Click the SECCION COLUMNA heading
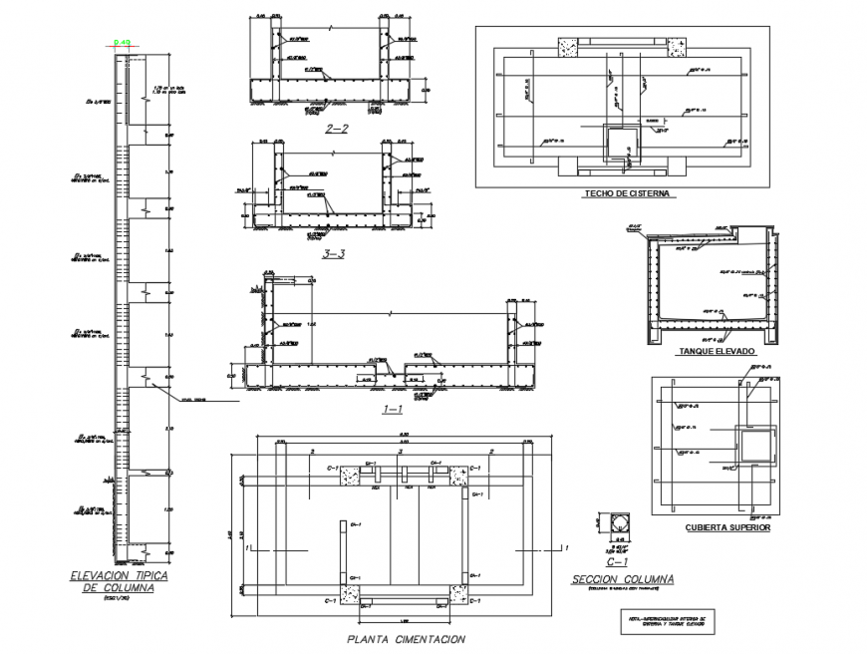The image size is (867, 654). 623,579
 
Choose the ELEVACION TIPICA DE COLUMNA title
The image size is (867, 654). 118,582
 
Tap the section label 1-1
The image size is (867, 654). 392,410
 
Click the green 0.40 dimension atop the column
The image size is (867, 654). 123,42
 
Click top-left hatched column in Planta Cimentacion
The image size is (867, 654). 349,475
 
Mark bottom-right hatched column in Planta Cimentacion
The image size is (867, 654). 458,594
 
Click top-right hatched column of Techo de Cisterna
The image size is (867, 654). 676,46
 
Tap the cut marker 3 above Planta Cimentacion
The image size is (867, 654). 400,452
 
